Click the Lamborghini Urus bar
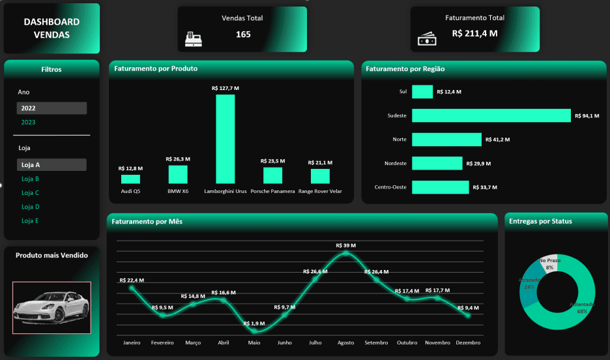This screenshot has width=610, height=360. click(225, 139)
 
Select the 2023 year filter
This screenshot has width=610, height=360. click(28, 123)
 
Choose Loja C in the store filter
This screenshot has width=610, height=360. click(31, 193)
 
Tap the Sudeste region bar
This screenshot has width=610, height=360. click(491, 115)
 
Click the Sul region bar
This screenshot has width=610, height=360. click(422, 92)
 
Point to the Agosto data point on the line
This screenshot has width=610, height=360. click(345, 254)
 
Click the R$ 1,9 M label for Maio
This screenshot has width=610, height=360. click(254, 323)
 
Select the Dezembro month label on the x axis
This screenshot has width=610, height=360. click(468, 342)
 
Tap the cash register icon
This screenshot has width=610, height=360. click(194, 39)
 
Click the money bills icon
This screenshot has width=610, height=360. click(426, 40)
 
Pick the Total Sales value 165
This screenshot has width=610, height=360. click(243, 35)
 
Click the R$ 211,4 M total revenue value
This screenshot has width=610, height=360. click(474, 33)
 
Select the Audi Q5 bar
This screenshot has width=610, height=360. click(130, 179)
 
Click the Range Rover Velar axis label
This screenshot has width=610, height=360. click(320, 191)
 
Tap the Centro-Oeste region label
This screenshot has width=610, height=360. click(390, 187)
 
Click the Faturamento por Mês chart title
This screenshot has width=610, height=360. click(147, 222)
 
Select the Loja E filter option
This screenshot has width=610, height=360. click(31, 221)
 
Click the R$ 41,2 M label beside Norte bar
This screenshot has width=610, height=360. click(497, 140)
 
